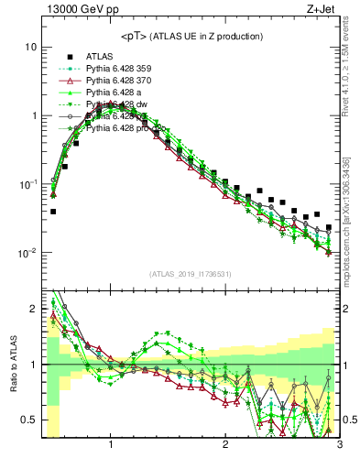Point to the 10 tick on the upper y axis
pyautogui.click(x=32, y=47)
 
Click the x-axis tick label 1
pyautogui.click(x=111, y=445)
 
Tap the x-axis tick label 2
pyautogui.click(x=225, y=445)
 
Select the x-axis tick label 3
pyautogui.click(x=339, y=445)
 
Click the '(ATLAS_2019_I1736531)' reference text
pyautogui.click(x=191, y=274)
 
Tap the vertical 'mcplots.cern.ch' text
pyautogui.click(x=351, y=220)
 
